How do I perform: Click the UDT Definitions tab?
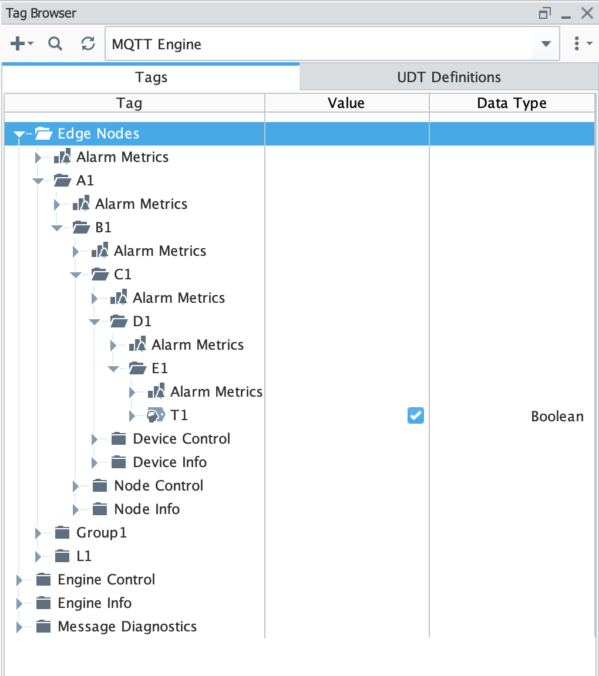[449, 77]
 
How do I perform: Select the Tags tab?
[151, 77]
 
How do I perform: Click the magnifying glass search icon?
[55, 43]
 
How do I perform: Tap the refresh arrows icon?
[88, 43]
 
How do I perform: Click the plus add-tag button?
[18, 43]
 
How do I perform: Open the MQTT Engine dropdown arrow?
[546, 44]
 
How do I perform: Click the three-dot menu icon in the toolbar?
[577, 43]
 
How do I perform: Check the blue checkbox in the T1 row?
[416, 416]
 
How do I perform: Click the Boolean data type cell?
[557, 417]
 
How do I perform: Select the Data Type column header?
[511, 103]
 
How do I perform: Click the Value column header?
[346, 103]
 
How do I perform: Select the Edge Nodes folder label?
[98, 134]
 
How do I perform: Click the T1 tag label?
[179, 415]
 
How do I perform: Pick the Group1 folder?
[101, 533]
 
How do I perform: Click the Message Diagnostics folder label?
[127, 627]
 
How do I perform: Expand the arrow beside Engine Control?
[19, 580]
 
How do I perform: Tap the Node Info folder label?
[147, 509]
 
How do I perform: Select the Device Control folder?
[181, 439]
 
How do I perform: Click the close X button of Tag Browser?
[587, 13]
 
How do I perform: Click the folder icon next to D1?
[119, 321]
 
